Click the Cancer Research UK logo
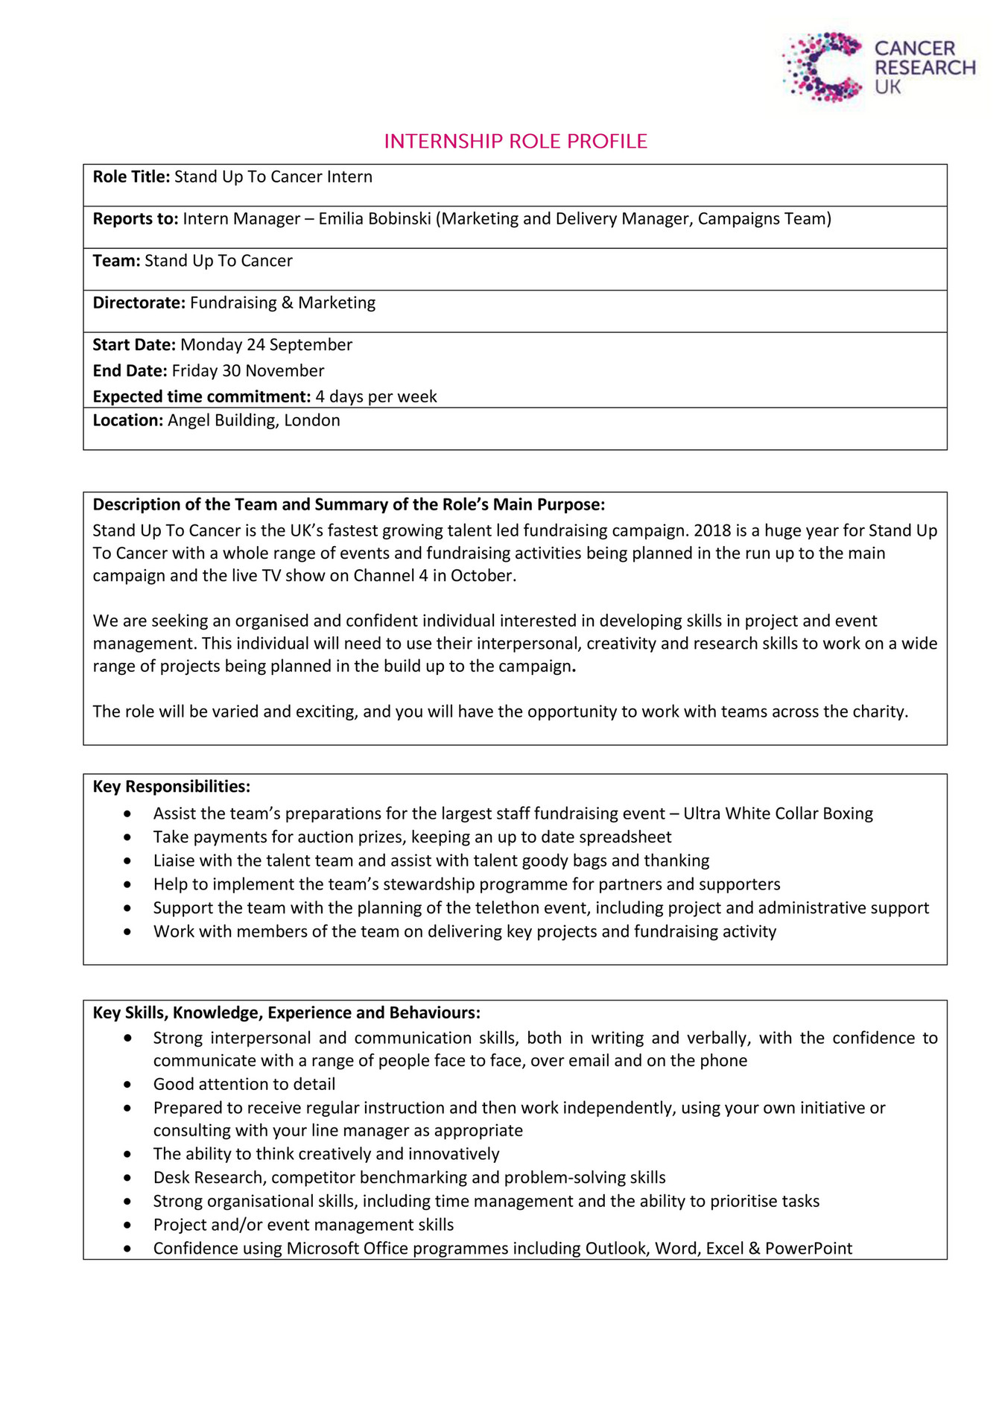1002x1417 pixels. (878, 68)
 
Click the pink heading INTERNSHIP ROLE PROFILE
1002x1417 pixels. (515, 142)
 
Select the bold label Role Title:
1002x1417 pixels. (131, 177)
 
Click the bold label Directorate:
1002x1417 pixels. (139, 303)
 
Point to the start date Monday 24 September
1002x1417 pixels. (266, 345)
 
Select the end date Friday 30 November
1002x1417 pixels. (247, 371)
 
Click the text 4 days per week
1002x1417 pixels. (375, 396)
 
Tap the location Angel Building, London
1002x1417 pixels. (253, 421)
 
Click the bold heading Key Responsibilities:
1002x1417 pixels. (171, 787)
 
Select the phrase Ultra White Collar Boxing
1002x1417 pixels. (778, 814)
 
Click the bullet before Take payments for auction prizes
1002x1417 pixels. (128, 837)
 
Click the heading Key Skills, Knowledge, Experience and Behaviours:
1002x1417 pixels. (286, 1013)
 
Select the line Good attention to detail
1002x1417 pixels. (244, 1085)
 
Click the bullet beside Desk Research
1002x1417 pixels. (128, 1178)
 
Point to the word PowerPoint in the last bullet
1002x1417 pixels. (808, 1249)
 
